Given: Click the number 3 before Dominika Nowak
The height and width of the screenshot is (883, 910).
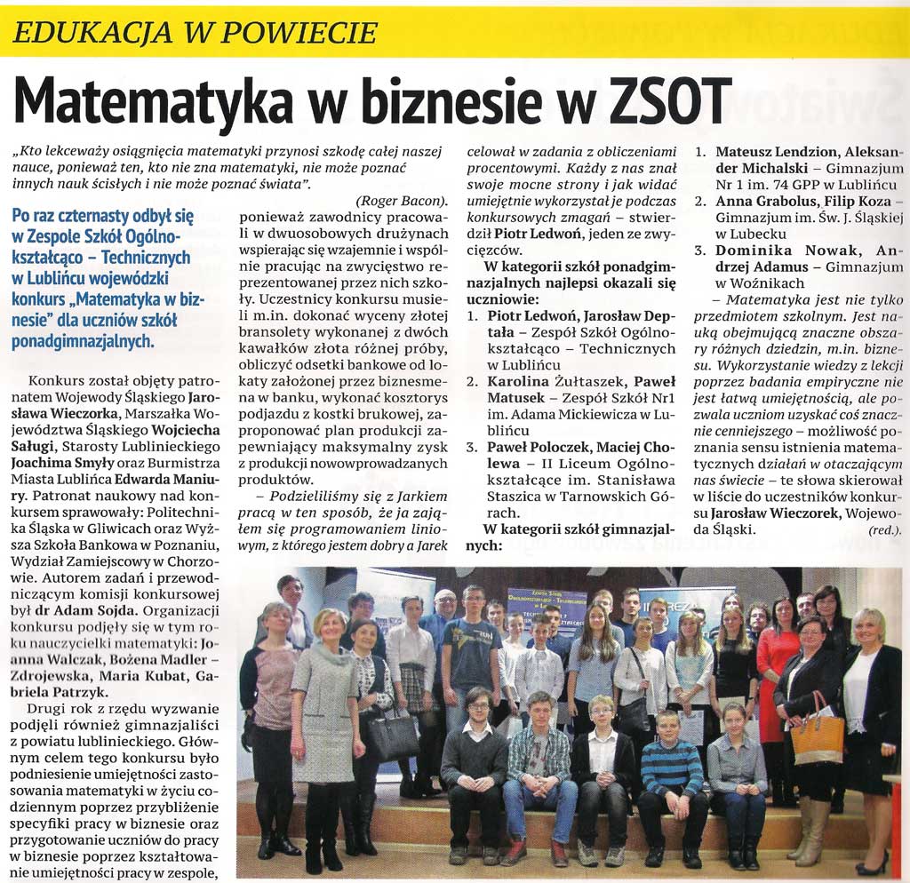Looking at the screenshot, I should (x=700, y=251).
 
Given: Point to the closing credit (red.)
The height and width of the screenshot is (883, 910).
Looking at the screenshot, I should (x=885, y=530).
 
